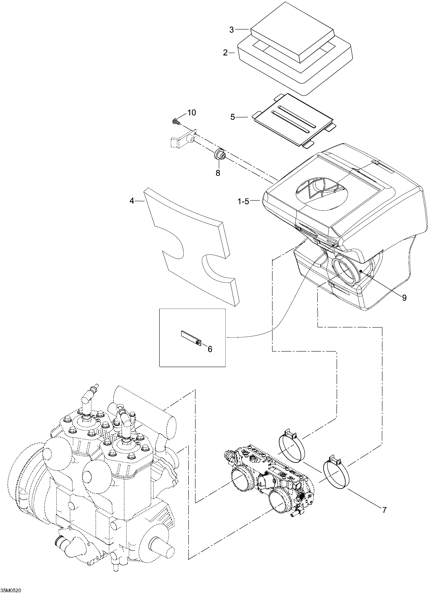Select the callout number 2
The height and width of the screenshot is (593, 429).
[x=225, y=53]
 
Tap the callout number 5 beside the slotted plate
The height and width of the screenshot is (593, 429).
[x=233, y=117]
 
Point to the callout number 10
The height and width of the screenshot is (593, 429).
[x=191, y=113]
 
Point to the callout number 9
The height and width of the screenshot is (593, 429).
[x=404, y=298]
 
